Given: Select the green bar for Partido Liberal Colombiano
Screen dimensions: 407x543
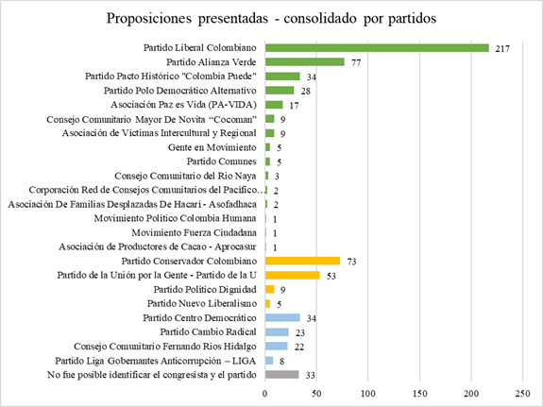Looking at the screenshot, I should [378, 48].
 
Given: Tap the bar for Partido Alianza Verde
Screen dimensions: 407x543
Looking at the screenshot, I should [305, 62].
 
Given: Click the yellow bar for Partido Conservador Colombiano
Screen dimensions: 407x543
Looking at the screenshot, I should [303, 261].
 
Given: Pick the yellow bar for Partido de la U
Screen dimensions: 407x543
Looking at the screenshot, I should [293, 275].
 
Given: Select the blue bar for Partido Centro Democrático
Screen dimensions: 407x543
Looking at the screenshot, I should [283, 317].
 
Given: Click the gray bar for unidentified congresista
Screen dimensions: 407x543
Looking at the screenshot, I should [282, 374].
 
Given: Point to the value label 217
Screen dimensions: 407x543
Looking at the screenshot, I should [502, 48].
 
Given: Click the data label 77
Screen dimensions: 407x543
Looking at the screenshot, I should [358, 62].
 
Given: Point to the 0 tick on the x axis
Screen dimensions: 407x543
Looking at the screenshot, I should [266, 390].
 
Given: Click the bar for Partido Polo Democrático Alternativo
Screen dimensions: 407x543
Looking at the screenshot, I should [280, 91].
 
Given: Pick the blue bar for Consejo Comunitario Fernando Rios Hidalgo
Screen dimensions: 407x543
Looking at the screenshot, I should [278, 346].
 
